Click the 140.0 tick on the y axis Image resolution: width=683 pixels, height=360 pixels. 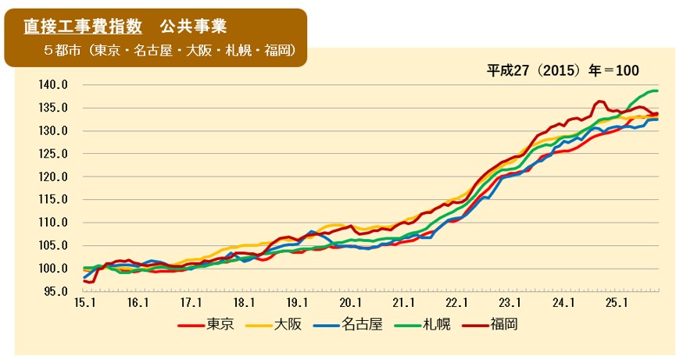(54, 84)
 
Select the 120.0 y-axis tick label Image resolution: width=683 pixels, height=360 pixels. (54, 176)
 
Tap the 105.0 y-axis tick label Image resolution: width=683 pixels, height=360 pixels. (54, 246)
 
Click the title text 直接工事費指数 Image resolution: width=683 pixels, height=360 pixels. (83, 27)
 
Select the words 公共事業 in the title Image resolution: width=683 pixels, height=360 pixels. (193, 27)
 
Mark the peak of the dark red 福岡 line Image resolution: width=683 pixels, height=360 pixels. (599, 101)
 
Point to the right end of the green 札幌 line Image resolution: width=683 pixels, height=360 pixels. (657, 91)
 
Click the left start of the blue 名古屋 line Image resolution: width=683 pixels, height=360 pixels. (84, 277)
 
